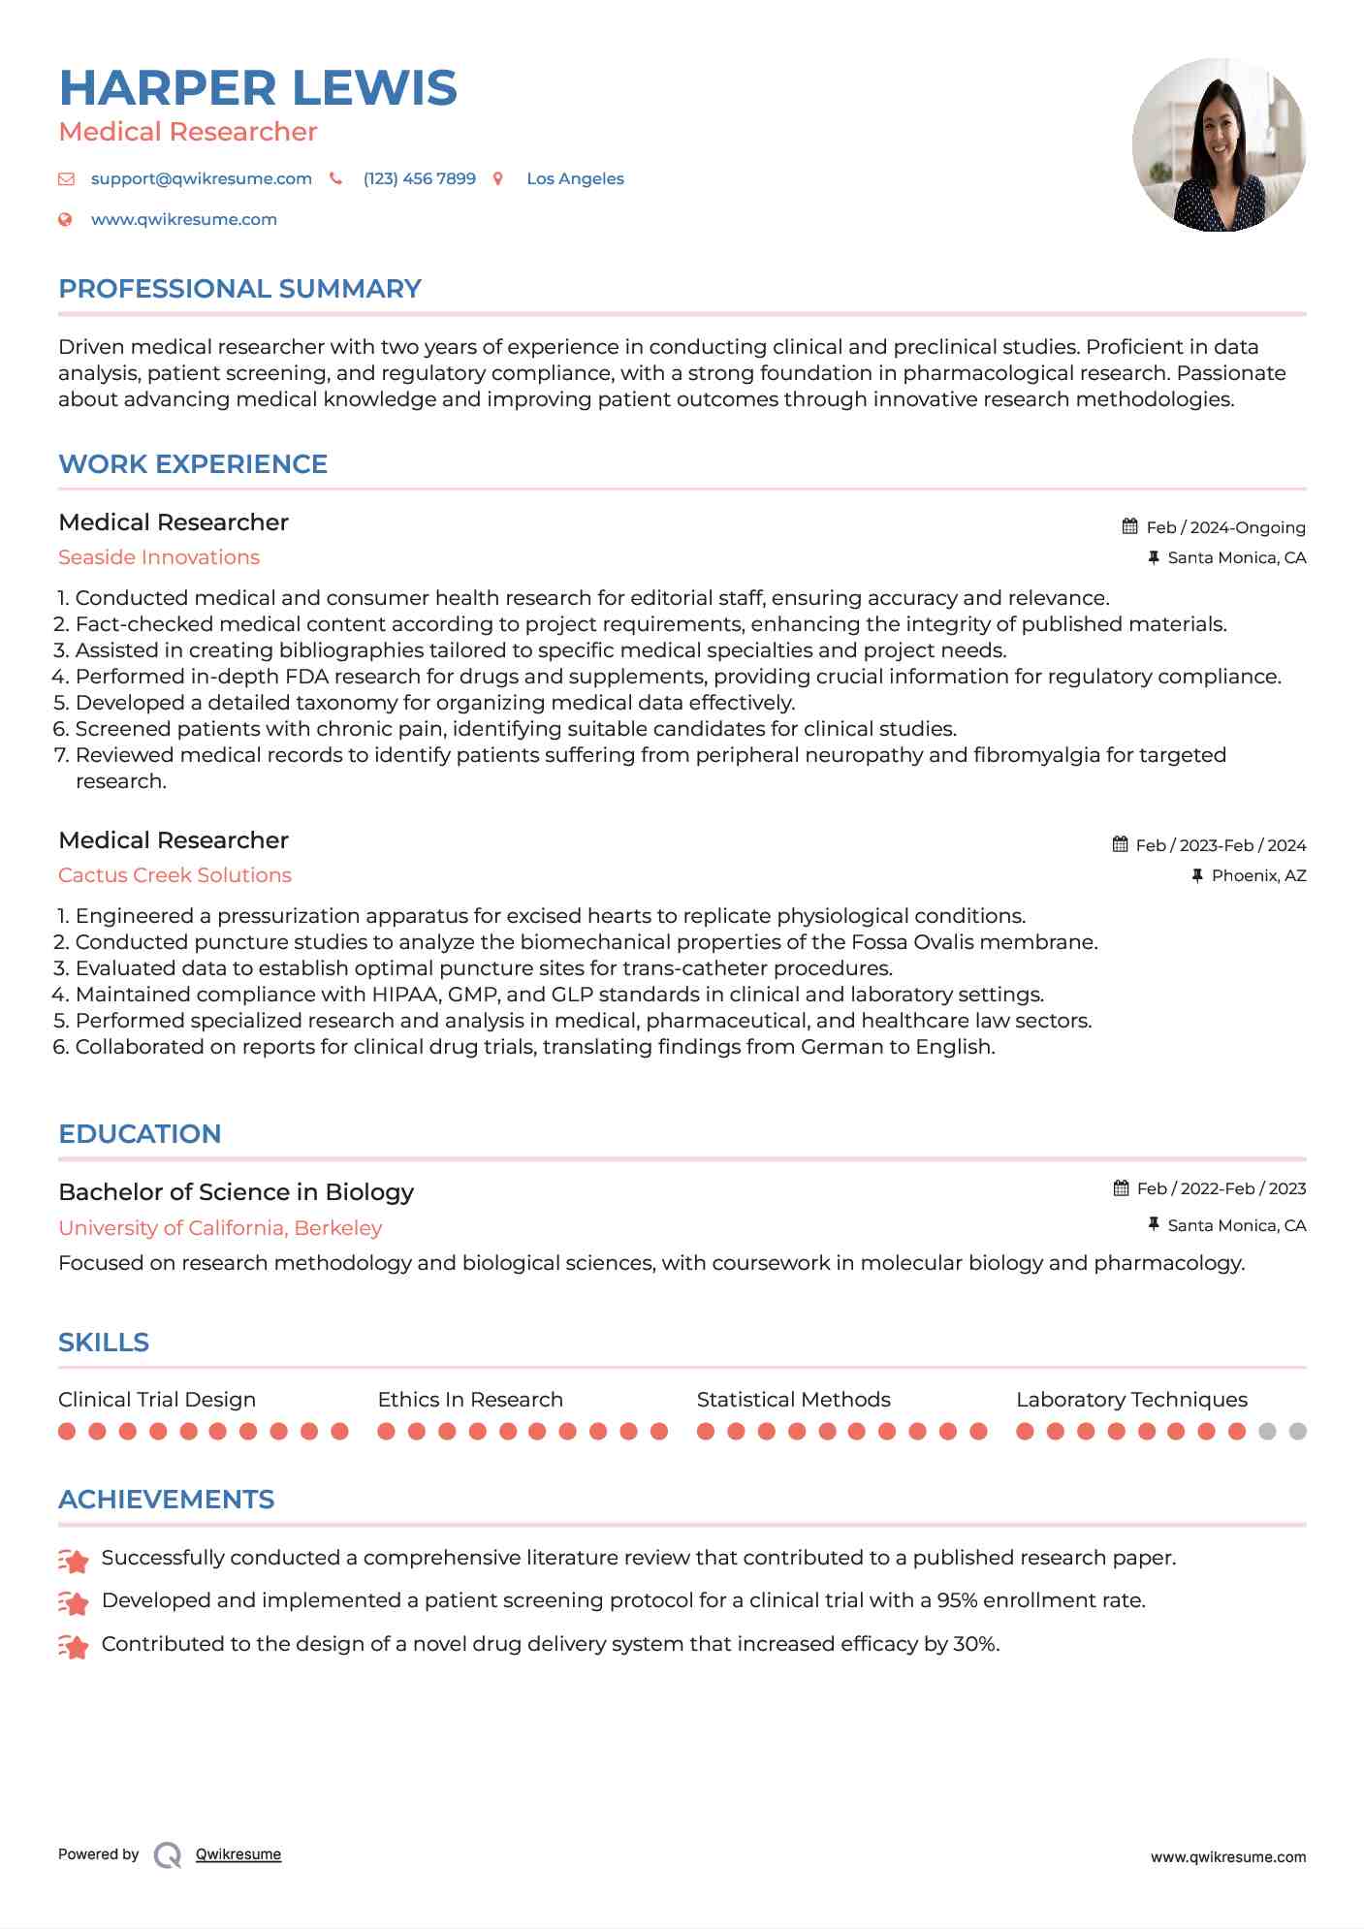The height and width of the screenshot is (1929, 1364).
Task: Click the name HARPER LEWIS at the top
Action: (x=258, y=88)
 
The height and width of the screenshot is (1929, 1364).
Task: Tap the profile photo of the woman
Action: (x=1219, y=145)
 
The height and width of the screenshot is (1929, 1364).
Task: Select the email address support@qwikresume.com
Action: (x=201, y=178)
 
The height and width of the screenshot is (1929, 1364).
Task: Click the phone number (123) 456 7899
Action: (x=419, y=178)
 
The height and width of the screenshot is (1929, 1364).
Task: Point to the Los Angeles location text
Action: (x=575, y=178)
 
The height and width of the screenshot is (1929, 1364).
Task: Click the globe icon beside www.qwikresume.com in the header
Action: (x=66, y=219)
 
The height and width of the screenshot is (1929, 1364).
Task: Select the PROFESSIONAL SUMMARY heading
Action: (x=239, y=289)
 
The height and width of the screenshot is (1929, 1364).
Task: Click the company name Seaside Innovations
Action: (x=159, y=557)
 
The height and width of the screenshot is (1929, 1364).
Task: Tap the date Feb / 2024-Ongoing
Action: (x=1225, y=527)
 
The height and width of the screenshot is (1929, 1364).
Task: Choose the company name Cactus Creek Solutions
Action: (x=174, y=875)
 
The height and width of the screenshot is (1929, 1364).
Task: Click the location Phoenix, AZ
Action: (x=1258, y=875)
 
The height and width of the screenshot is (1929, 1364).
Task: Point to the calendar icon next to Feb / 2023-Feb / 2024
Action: (x=1121, y=844)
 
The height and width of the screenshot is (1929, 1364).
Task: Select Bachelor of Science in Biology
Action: (x=236, y=1192)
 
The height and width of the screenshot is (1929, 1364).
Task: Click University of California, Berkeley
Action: (x=220, y=1228)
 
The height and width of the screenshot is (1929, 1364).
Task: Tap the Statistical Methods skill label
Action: (x=793, y=1400)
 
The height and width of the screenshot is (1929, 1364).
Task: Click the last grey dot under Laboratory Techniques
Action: (x=1298, y=1432)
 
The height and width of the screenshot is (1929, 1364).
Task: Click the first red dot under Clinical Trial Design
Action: (x=67, y=1432)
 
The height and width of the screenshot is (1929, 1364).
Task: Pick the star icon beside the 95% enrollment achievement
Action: (x=74, y=1603)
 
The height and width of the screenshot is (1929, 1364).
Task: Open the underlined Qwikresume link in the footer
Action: (x=238, y=1854)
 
